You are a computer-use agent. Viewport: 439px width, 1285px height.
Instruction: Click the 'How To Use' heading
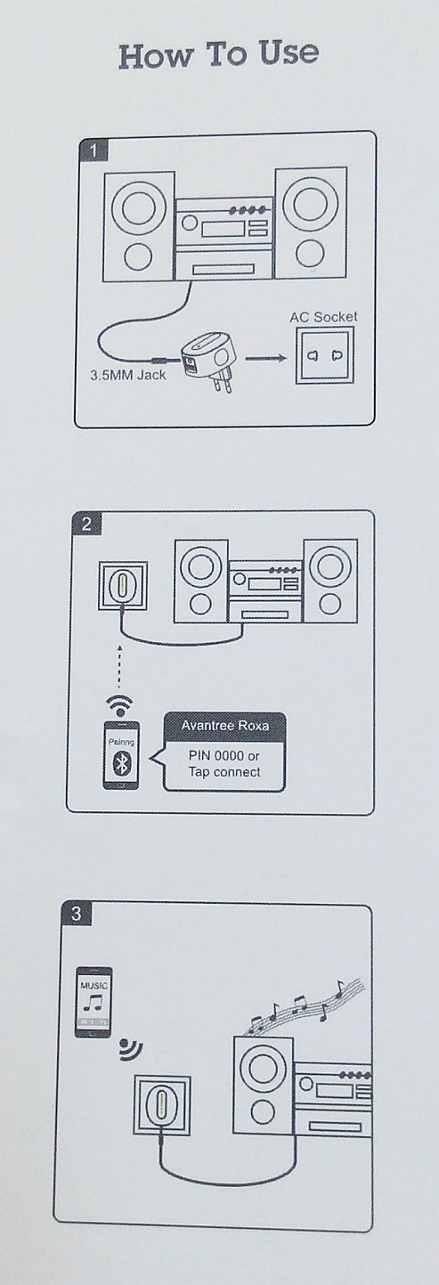(219, 54)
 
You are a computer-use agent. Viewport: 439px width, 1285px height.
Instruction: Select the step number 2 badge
(86, 525)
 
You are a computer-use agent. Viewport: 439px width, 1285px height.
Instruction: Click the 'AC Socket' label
(323, 317)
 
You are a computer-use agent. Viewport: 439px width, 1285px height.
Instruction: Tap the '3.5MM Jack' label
(127, 376)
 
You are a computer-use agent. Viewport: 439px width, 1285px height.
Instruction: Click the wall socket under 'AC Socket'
(325, 355)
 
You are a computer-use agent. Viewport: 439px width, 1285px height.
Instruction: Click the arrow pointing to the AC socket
(265, 359)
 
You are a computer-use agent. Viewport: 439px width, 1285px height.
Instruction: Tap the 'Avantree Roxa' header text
(224, 726)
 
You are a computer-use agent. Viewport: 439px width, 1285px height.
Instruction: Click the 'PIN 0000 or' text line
(224, 755)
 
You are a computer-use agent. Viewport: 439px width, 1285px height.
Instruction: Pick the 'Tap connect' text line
(224, 772)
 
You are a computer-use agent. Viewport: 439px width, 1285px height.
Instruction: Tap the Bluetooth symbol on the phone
(121, 762)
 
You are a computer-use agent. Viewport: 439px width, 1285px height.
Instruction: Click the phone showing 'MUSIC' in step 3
(93, 1002)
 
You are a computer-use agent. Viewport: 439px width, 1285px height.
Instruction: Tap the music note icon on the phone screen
(92, 1003)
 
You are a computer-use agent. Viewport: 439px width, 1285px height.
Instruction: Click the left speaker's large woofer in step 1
(139, 207)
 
